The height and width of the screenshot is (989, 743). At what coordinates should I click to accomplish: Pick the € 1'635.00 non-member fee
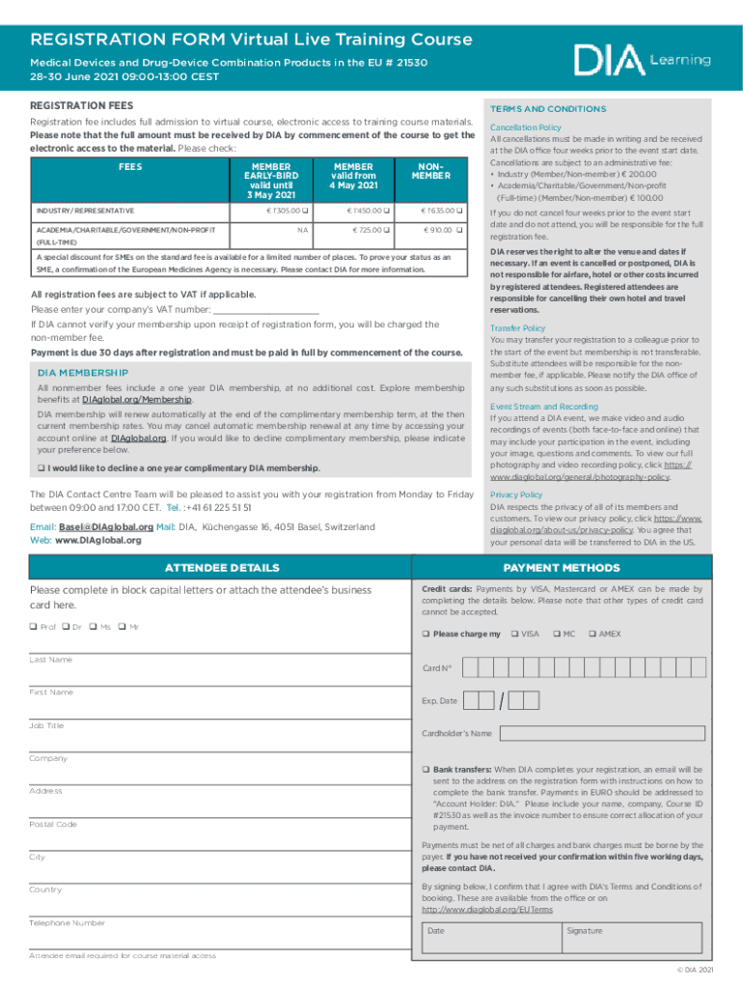tap(459, 211)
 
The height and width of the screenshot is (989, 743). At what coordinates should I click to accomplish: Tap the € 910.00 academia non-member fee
tap(459, 231)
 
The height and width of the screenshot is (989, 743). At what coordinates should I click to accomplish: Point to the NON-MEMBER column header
tap(430, 171)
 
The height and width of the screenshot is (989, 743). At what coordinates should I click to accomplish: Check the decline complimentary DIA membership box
tap(41, 468)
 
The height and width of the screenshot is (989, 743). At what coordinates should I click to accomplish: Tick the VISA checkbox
tap(514, 634)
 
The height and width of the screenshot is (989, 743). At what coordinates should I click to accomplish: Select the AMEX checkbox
tap(592, 634)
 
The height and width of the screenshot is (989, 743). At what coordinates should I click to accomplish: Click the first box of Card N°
tap(470, 667)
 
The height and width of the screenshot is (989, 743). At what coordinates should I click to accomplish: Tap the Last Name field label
tap(51, 660)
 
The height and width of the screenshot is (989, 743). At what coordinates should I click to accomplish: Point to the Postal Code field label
tap(53, 824)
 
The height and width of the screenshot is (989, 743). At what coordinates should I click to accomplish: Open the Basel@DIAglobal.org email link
tap(105, 527)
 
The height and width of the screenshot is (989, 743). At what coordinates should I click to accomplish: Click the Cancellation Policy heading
tap(525, 127)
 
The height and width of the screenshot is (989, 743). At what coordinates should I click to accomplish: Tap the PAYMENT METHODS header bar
tap(562, 567)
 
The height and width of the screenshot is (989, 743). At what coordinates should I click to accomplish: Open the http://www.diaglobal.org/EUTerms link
tap(487, 910)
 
